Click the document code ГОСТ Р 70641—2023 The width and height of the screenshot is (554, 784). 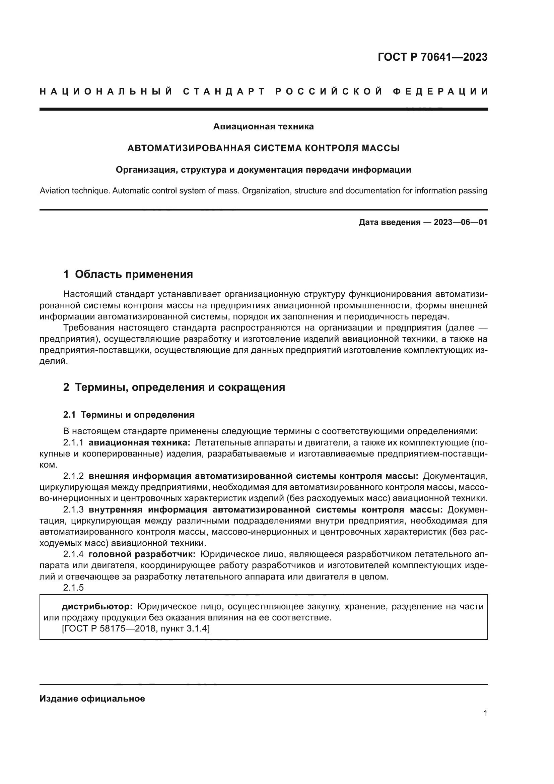[432, 57]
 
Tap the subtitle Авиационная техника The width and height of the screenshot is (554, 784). [263, 126]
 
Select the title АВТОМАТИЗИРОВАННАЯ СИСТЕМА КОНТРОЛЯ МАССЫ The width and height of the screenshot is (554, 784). [263, 148]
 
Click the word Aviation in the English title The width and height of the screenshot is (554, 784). [54, 190]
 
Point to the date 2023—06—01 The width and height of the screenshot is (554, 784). [461, 222]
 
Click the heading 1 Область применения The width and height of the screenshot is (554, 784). [128, 274]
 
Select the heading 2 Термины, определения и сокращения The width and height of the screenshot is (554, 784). [174, 387]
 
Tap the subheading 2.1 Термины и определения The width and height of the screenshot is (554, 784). [129, 415]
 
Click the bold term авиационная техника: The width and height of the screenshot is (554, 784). [139, 443]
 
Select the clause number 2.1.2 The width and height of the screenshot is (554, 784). [73, 476]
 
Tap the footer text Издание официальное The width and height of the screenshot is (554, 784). [92, 699]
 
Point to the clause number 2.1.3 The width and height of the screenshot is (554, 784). [73, 509]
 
